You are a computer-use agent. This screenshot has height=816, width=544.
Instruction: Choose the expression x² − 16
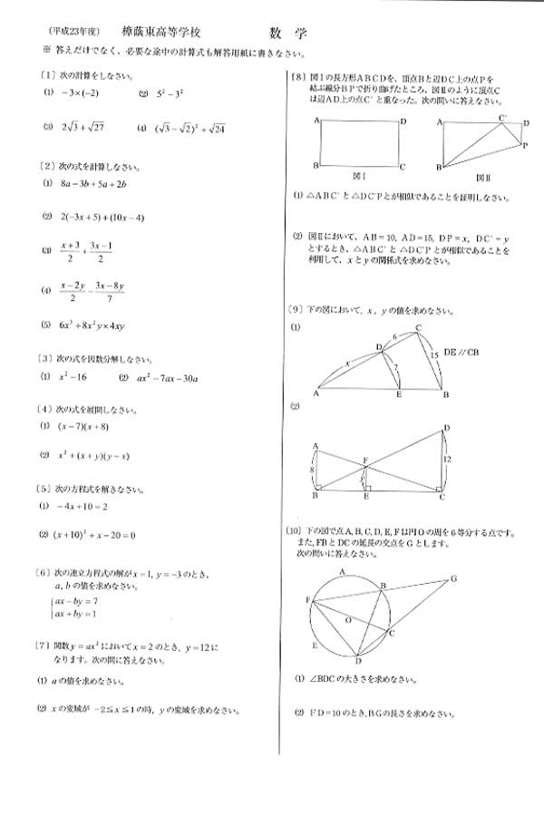coord(73,376)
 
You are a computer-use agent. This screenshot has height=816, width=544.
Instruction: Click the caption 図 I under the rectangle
coord(359,172)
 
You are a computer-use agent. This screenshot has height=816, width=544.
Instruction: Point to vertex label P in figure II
coord(524,145)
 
